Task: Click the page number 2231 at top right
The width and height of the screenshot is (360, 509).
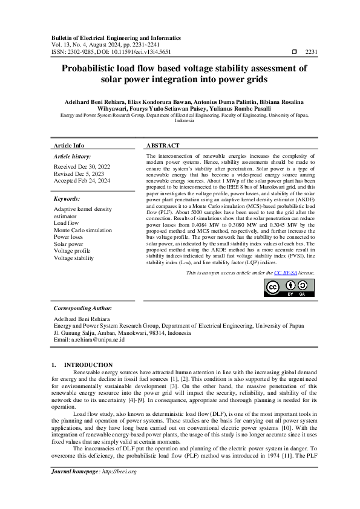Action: click(312, 52)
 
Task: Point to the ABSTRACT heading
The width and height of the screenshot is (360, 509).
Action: click(163, 146)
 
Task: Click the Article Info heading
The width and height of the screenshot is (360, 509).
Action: click(69, 146)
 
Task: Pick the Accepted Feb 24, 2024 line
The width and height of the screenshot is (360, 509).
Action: click(82, 180)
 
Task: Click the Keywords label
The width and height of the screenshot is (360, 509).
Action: click(67, 198)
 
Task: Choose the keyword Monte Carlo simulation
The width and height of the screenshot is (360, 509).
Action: click(83, 230)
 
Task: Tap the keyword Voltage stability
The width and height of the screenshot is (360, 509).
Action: click(74, 258)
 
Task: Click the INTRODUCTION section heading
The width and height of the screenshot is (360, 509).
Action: click(88, 365)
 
